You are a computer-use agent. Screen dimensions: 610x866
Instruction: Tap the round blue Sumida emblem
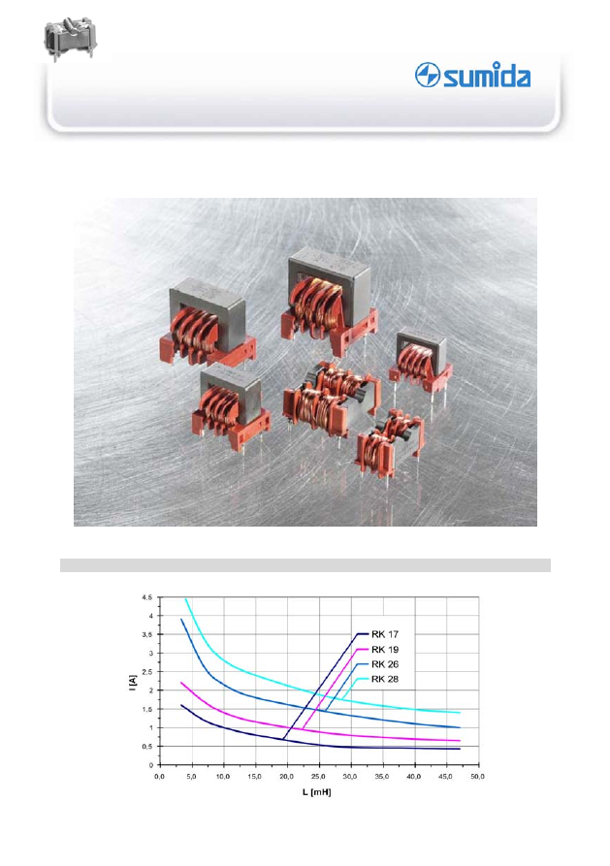click(427, 75)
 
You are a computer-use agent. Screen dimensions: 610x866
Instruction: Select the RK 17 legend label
click(385, 634)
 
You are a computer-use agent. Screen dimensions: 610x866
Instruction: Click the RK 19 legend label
click(385, 650)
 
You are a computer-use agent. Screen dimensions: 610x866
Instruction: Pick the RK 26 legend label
click(385, 664)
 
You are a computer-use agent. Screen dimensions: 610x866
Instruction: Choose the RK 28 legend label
click(385, 679)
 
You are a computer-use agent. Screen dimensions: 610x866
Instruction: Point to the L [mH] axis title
click(316, 792)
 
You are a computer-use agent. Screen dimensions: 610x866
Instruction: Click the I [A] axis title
click(132, 683)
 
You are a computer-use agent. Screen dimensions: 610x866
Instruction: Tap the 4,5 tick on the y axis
click(147, 597)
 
